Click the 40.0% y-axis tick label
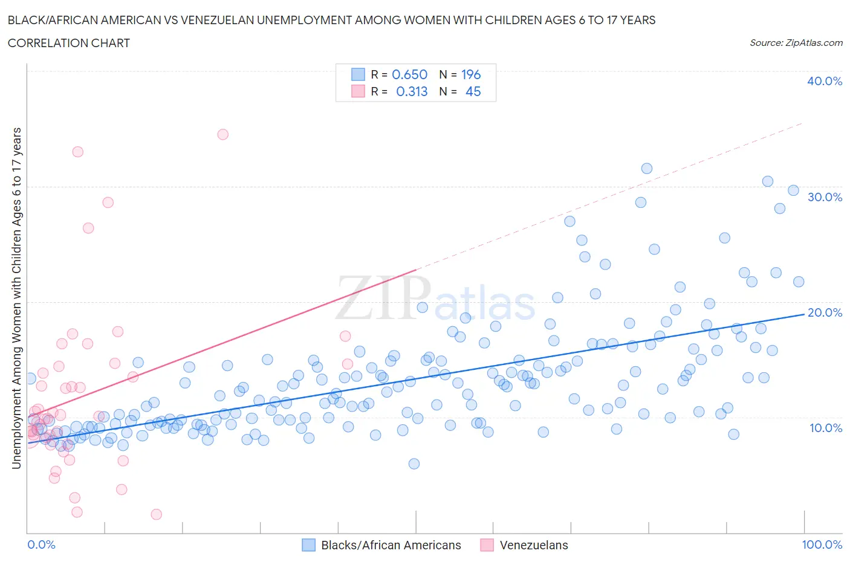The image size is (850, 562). [825, 81]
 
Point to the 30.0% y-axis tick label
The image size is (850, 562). [825, 197]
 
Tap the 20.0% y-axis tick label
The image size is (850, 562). [825, 312]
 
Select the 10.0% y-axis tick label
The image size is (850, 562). [825, 428]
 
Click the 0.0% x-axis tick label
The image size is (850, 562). [41, 544]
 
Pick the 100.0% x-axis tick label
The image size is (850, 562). [822, 544]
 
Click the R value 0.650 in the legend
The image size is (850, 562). [409, 74]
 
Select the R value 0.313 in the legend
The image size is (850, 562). [411, 91]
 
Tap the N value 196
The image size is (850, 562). [470, 74]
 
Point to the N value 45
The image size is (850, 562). [473, 91]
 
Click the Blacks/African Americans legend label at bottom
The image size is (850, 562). [391, 545]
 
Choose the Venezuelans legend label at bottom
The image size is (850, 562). [534, 545]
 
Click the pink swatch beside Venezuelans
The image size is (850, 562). [487, 545]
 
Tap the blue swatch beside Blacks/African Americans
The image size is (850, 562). [308, 545]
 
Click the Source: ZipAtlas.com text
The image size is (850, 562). [796, 42]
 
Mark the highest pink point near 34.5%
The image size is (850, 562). [222, 134]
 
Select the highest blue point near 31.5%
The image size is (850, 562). [646, 169]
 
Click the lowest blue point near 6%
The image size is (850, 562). [414, 463]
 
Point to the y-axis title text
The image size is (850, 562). [16, 298]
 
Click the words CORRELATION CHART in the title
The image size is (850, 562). [69, 43]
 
